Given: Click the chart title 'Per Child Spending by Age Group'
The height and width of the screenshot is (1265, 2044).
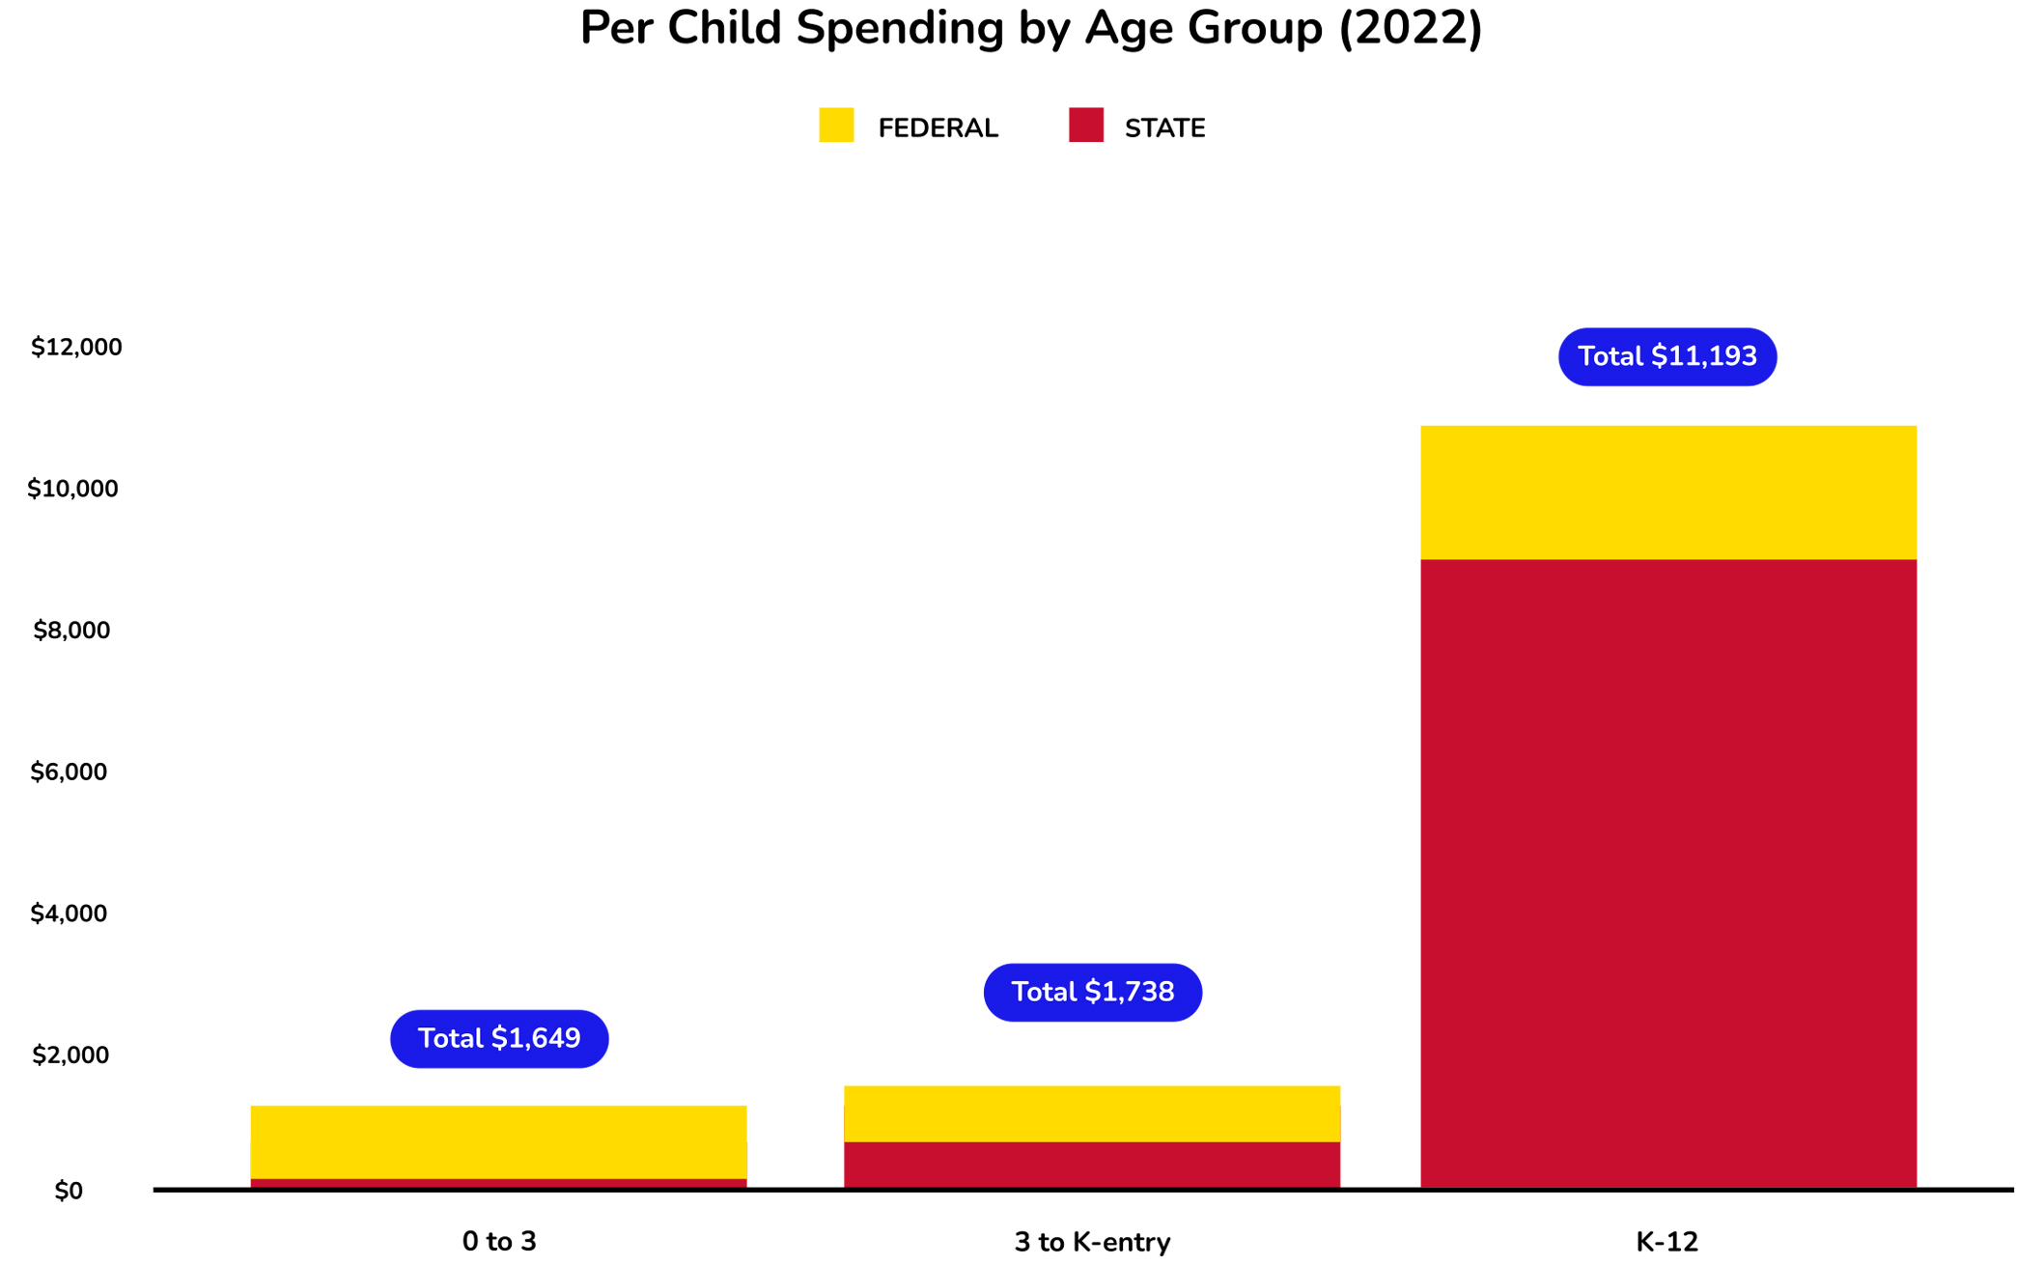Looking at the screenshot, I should pos(1030,28).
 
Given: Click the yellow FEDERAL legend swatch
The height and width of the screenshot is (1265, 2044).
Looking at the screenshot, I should pos(836,126).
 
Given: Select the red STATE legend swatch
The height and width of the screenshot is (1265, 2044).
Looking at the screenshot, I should pos(1085,126).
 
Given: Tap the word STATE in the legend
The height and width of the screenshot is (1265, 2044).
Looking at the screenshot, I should pos(1164,128).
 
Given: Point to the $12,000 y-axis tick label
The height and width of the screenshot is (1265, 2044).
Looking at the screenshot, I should pos(76,348).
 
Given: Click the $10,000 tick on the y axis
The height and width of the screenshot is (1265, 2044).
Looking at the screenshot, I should pos(73,490).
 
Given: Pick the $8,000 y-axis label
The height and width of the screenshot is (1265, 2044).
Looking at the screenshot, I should pos(72,631).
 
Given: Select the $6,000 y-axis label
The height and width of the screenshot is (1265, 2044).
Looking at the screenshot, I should pos(70,773).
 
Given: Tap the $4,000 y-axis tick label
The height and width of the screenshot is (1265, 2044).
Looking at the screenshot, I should pos(70,914).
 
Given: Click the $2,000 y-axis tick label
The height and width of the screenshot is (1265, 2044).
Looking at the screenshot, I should pos(71,1055).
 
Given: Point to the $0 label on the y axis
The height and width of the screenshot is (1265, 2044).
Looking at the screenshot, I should pos(69,1192).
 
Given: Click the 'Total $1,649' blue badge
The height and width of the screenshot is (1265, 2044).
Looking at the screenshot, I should pos(499,1039).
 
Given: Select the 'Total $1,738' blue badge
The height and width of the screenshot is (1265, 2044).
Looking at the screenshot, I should pos(1092,993).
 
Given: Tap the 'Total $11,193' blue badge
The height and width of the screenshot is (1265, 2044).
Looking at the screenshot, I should pos(1666,357).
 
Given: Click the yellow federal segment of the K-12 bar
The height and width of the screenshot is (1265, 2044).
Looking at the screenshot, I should pos(1667,492).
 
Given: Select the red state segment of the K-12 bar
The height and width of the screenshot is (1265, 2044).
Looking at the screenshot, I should pos(1667,869).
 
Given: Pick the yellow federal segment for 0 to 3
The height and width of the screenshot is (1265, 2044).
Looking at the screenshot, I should pos(498,1141).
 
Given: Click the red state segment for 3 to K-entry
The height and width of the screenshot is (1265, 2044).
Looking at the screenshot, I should pos(1091,1165).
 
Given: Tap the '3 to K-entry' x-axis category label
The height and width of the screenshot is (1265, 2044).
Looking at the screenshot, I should pos(1091,1242).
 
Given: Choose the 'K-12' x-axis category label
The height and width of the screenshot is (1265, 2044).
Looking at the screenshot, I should pos(1666,1242).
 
